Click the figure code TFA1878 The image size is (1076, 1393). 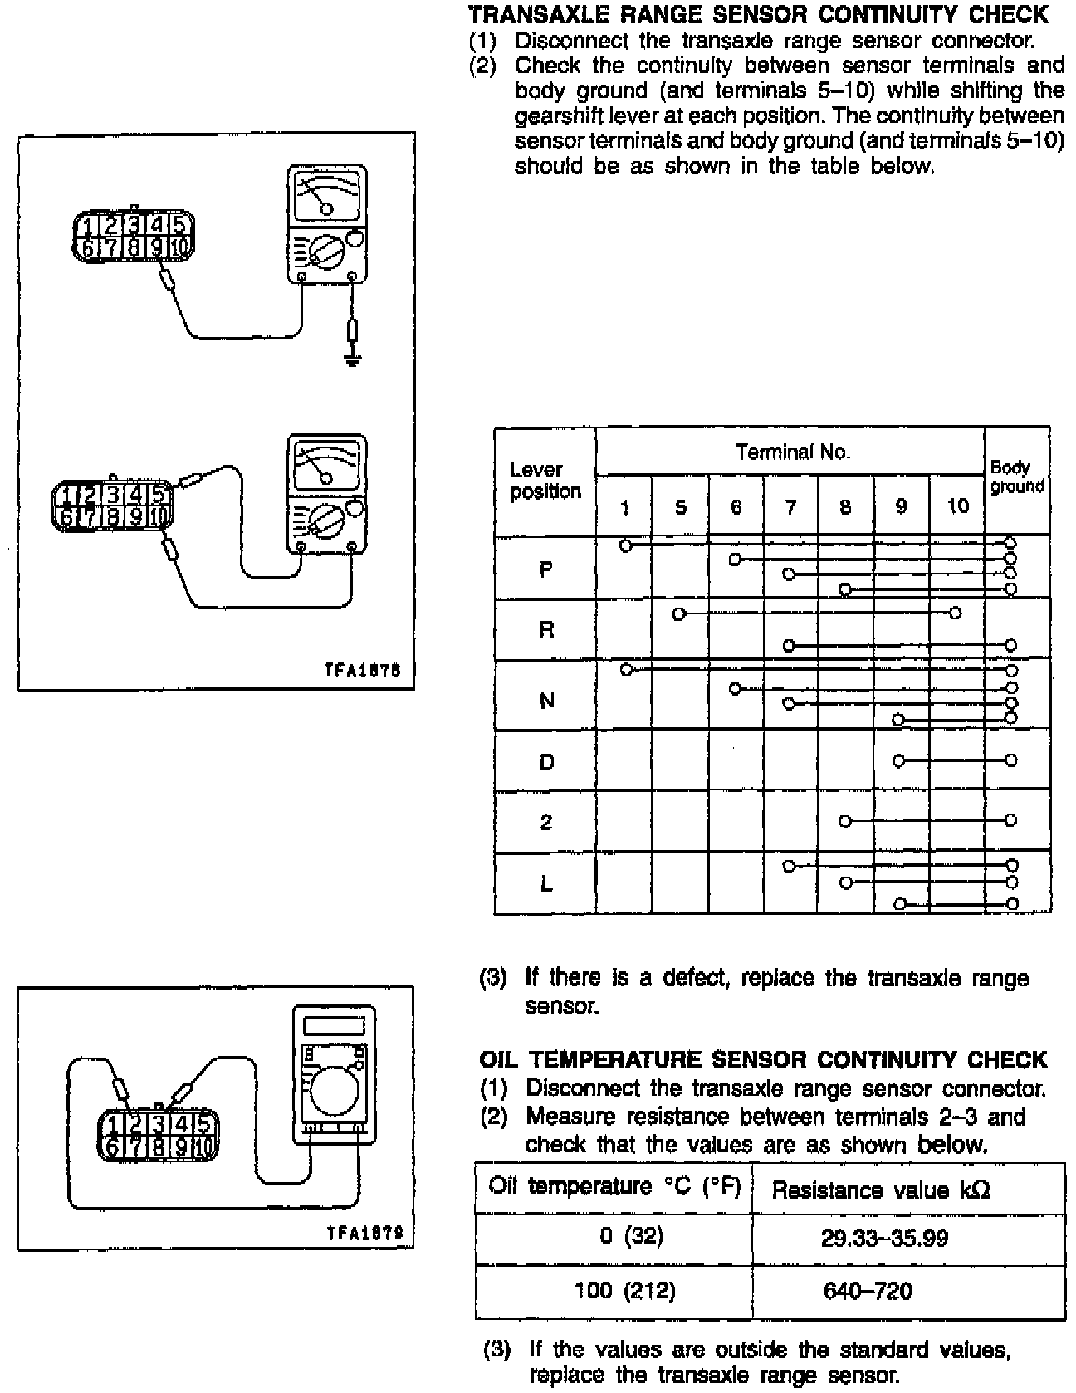pos(362,671)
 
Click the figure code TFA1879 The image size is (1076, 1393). pos(364,1233)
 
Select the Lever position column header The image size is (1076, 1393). pos(545,481)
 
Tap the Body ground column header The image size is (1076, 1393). pos(1016,477)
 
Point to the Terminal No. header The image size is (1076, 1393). pos(792,452)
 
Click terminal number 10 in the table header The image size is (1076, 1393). pos(957,506)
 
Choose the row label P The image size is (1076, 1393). pos(545,569)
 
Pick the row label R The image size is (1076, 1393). pos(545,629)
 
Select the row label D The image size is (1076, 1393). pos(545,762)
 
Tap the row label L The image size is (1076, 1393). pos(545,884)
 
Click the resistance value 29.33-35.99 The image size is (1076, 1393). pos(883,1239)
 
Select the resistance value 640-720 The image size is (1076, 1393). pos(868,1291)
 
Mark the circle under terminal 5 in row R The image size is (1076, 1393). pos(679,614)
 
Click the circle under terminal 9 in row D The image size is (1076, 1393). pos(897,760)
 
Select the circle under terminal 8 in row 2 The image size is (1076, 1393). pos(844,821)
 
